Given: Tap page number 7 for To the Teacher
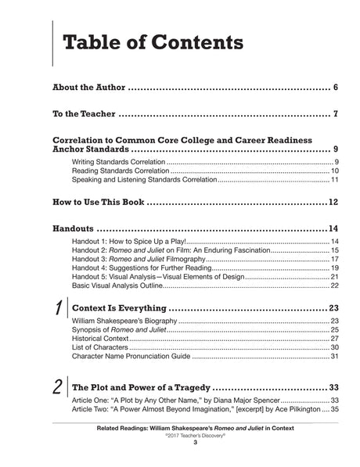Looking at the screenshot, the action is coord(334,114).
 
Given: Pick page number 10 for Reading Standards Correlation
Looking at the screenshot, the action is coord(333,171).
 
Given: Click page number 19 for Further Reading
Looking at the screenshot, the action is coord(333,268).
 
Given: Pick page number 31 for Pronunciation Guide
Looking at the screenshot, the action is coord(333,357).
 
